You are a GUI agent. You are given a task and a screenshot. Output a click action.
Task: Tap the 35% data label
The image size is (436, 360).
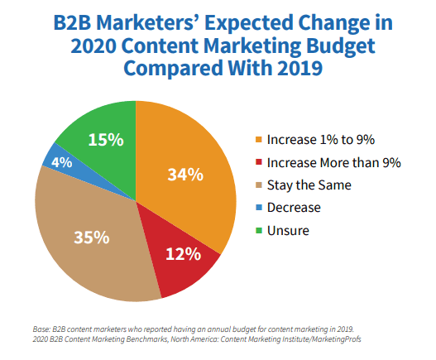tap(91, 237)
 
